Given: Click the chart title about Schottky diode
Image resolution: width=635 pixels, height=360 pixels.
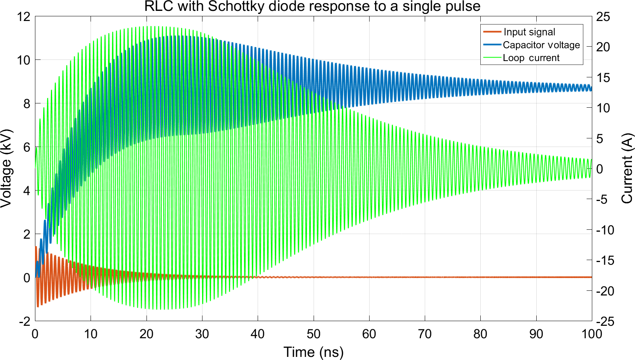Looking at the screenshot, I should click(312, 7).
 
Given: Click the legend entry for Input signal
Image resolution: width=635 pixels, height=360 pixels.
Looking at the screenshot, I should click(529, 32).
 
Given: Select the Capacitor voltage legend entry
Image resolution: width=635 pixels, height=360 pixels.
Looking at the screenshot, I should click(541, 45).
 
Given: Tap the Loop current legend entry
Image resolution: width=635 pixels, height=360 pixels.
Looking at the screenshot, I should click(531, 58).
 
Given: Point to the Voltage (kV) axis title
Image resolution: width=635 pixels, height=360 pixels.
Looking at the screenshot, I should click(6, 168).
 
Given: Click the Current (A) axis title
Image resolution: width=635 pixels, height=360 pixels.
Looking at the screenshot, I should click(627, 168).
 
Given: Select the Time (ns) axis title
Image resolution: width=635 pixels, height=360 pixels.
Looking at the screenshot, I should click(313, 352).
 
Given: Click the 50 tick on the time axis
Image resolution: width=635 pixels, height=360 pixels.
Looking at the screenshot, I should click(313, 334).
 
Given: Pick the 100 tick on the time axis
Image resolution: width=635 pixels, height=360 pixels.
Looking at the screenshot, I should click(591, 334).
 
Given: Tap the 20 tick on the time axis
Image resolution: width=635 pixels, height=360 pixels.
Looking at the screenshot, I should click(147, 334).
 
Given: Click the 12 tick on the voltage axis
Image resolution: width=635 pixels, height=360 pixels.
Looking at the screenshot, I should click(23, 17).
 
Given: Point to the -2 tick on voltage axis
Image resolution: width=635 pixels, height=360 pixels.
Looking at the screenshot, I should click(24, 321).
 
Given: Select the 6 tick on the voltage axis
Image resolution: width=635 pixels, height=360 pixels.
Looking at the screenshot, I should click(26, 147).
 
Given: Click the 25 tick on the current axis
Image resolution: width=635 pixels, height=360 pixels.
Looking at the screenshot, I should click(603, 17).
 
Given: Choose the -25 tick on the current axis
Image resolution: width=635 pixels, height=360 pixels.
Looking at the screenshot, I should click(605, 321).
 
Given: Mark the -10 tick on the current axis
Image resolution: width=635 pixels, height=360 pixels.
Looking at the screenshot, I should click(605, 230).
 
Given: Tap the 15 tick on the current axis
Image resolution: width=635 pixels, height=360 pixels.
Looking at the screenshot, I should click(603, 78).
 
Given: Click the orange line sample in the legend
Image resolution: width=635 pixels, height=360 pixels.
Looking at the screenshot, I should click(492, 32).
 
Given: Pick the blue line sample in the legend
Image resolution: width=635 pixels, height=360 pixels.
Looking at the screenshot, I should click(492, 45).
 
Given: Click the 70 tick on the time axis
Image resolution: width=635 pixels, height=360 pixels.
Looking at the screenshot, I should click(425, 334).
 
